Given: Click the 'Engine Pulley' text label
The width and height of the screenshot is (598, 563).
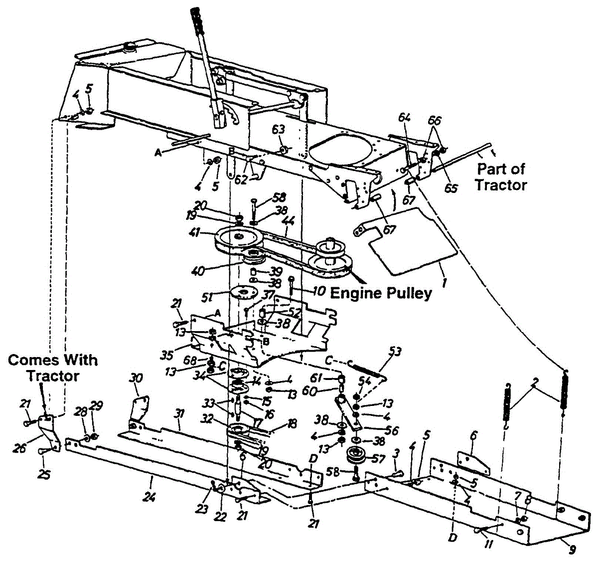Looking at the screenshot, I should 381,293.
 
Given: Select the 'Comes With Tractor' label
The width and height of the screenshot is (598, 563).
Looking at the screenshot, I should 52,368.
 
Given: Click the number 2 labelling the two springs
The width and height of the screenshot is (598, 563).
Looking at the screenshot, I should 534,382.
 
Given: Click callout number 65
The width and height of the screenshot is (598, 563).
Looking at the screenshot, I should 451,189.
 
